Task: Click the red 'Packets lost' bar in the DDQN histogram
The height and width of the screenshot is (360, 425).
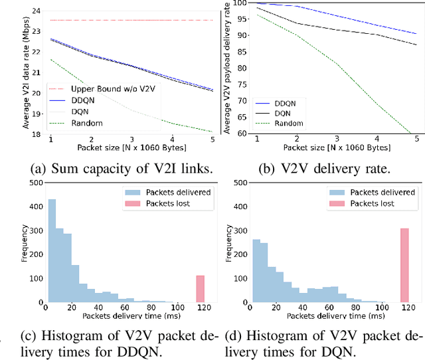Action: (201, 288)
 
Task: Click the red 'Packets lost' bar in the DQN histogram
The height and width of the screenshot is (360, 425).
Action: (404, 264)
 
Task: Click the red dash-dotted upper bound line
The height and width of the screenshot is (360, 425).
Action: (133, 21)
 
